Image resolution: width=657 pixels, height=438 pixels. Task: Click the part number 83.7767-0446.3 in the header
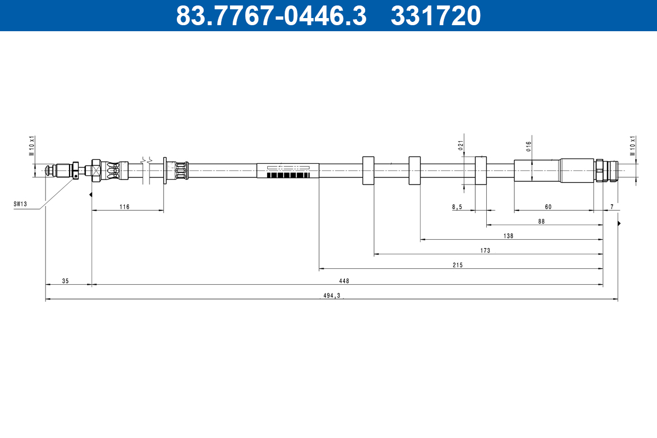(271, 15)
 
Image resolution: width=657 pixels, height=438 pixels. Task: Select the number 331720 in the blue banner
(436, 15)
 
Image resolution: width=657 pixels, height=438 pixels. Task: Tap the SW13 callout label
(20, 204)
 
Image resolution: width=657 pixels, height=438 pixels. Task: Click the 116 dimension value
(124, 206)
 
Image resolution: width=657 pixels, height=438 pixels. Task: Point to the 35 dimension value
(65, 281)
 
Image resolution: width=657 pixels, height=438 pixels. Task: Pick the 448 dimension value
(344, 281)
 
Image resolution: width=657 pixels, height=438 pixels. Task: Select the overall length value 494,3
(332, 296)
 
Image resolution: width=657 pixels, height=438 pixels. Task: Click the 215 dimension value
(458, 265)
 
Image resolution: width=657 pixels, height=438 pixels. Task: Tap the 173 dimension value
(485, 250)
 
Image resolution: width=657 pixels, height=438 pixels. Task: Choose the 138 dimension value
(508, 236)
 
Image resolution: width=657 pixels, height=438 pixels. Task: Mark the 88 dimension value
(541, 221)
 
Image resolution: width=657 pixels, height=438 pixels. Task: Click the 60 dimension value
(548, 206)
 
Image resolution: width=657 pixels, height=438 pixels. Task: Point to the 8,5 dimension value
(457, 206)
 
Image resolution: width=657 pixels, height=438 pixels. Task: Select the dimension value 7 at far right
(612, 206)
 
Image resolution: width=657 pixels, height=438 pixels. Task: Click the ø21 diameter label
(460, 146)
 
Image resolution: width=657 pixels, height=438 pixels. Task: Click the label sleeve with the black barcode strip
(288, 170)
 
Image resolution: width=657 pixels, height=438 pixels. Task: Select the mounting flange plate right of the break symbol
(165, 170)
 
